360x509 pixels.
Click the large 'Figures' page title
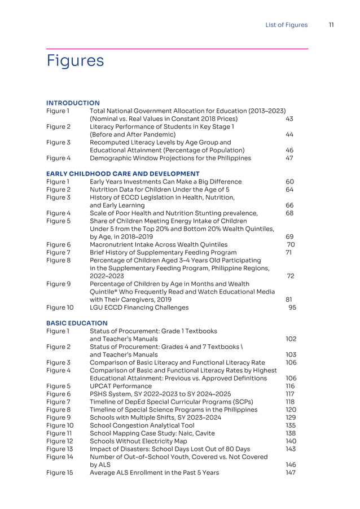coord(75,60)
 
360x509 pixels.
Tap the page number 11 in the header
coord(331,25)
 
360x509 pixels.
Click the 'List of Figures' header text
coord(287,25)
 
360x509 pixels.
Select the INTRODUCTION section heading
coord(73,103)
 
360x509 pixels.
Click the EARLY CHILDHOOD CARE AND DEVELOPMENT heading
coord(122,173)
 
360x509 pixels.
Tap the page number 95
coord(292,308)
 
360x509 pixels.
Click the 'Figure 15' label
coord(60,472)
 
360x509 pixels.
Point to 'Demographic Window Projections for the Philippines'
coord(170,158)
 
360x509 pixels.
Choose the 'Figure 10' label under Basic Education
coord(60,425)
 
